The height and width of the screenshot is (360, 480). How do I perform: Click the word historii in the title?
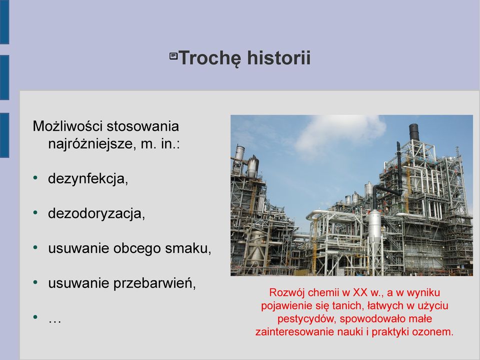coord(279,58)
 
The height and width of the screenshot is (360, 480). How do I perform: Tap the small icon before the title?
coord(174,56)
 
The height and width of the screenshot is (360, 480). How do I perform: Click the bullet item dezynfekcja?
coord(88,179)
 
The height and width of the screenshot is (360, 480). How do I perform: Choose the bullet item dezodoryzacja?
coord(97,214)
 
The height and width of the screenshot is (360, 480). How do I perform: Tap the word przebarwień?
coord(155,283)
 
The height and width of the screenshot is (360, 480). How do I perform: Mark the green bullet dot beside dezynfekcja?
coord(36,178)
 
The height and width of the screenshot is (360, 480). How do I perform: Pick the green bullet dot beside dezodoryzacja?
coord(36,212)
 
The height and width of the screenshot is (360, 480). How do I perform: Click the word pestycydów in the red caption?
coord(307,319)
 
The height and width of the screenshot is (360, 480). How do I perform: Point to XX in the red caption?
coord(360,292)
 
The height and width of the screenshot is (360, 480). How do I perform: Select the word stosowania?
coord(143,127)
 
